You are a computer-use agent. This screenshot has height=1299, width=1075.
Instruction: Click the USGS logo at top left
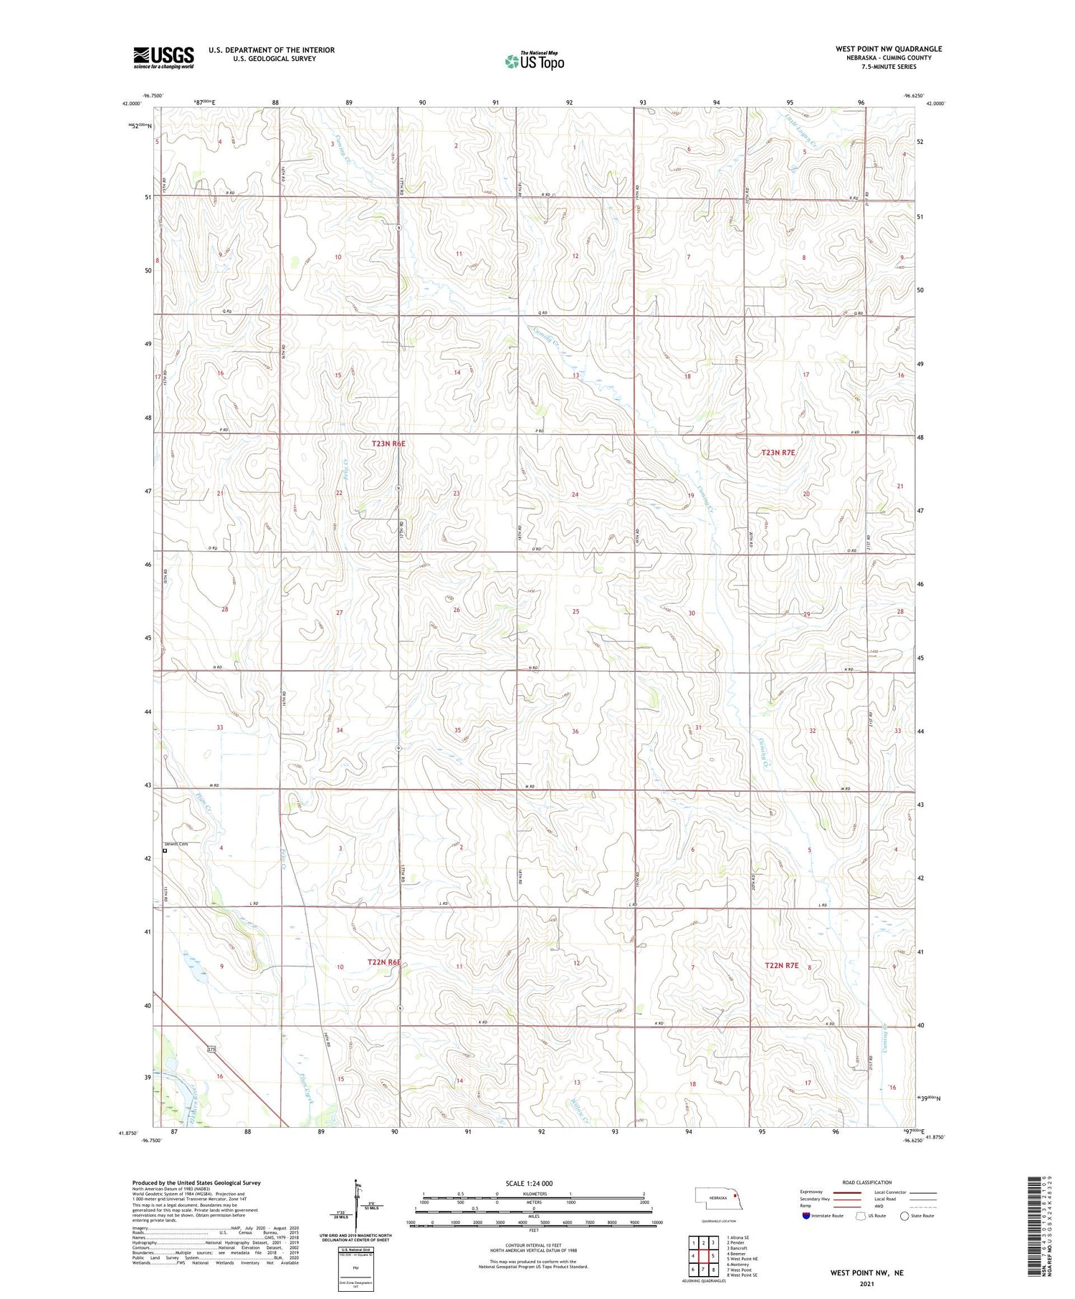click(x=163, y=57)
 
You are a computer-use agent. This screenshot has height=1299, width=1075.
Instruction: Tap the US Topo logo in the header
click(x=534, y=62)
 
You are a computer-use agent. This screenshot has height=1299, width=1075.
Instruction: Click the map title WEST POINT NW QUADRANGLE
click(x=888, y=49)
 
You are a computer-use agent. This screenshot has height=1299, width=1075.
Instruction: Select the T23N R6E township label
click(x=388, y=444)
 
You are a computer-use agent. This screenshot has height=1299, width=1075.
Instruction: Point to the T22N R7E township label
click(x=781, y=965)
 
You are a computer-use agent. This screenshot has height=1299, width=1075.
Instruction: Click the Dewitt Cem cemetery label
click(x=176, y=844)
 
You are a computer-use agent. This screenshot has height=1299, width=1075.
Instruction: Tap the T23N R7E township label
click(x=778, y=453)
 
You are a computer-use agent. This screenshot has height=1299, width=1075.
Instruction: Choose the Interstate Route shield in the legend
click(x=806, y=1216)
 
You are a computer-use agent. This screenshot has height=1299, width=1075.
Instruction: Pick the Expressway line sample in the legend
click(x=851, y=1192)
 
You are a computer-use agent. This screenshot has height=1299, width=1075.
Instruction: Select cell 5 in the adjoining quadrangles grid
click(x=712, y=1256)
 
